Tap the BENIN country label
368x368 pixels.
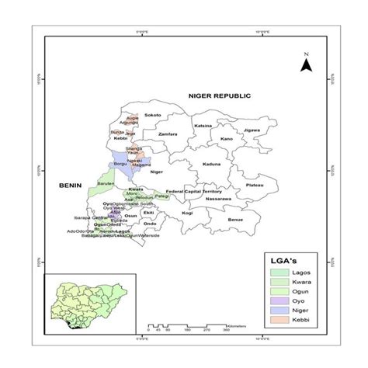pyautogui.click(x=71, y=186)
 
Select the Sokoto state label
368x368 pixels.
pyautogui.click(x=152, y=114)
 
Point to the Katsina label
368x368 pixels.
pyautogui.click(x=203, y=125)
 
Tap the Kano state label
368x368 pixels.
pyautogui.click(x=226, y=139)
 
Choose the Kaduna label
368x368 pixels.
pyautogui.click(x=212, y=165)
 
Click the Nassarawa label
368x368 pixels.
pyautogui.click(x=218, y=199)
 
